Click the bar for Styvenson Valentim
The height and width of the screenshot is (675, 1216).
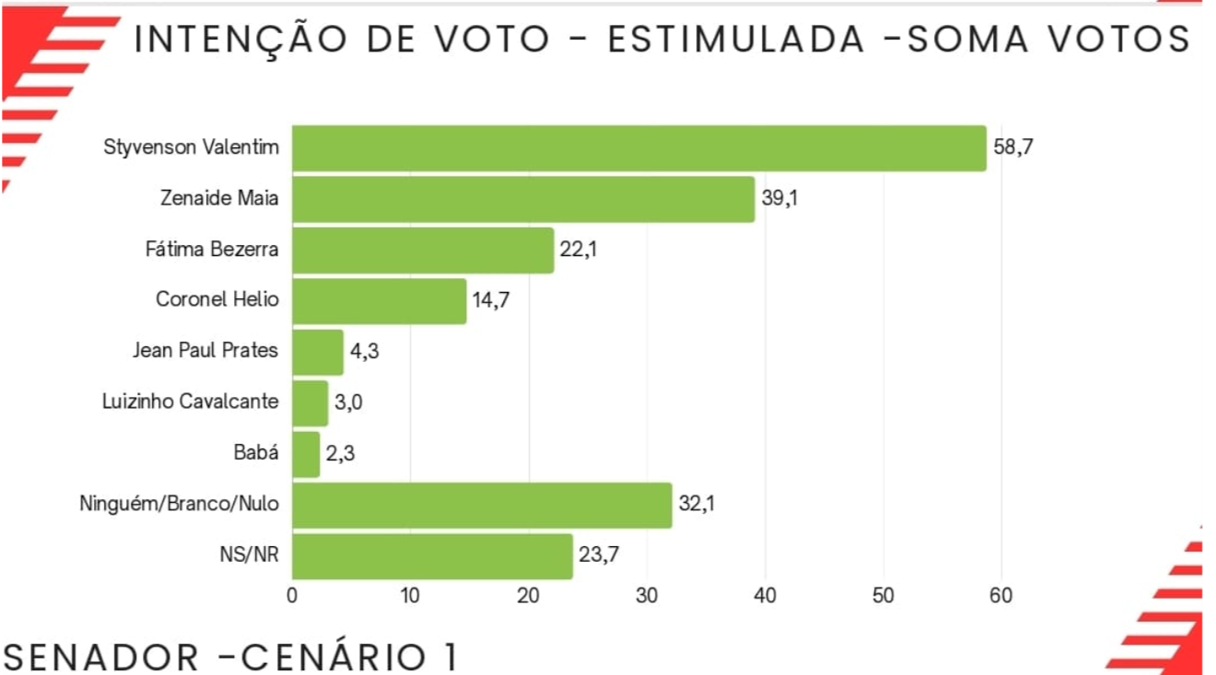(x=638, y=148)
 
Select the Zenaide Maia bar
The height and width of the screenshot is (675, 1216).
(x=522, y=199)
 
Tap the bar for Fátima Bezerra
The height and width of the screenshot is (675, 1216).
(x=423, y=250)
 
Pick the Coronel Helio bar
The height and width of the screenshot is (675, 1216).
(x=379, y=301)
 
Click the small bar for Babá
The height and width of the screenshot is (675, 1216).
(x=306, y=454)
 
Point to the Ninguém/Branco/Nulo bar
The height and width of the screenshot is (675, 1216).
(x=482, y=505)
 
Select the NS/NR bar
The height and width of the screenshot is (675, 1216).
(x=432, y=556)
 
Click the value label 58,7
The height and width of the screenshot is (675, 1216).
(x=1013, y=147)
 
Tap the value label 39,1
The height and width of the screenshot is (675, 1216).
(x=779, y=199)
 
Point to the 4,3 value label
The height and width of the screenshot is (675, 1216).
(x=365, y=352)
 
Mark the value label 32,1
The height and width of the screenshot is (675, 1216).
(x=696, y=505)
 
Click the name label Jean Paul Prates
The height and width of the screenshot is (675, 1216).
(x=205, y=351)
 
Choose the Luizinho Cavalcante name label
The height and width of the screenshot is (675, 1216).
(x=191, y=402)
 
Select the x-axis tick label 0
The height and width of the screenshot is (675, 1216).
(x=292, y=596)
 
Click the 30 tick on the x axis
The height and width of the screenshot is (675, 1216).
(x=647, y=596)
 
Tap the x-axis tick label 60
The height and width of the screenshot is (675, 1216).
(x=1001, y=596)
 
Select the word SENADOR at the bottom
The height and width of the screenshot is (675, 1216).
(x=101, y=657)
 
